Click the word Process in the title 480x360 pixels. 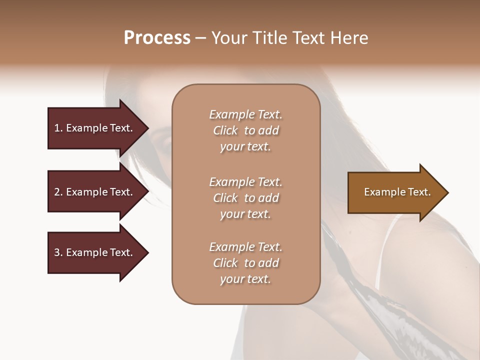(157, 38)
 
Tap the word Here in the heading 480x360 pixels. (348, 38)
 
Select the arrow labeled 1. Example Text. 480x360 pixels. (93, 128)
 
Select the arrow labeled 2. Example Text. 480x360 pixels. (93, 192)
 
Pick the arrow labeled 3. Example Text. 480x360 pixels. (93, 252)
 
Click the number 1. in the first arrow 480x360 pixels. (58, 128)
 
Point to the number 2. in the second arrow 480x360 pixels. (58, 192)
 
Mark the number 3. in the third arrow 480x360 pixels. (58, 252)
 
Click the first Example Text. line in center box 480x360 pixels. (246, 114)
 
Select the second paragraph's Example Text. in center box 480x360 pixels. (246, 181)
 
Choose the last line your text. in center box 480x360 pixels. (246, 279)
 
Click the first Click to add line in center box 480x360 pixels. (246, 130)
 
